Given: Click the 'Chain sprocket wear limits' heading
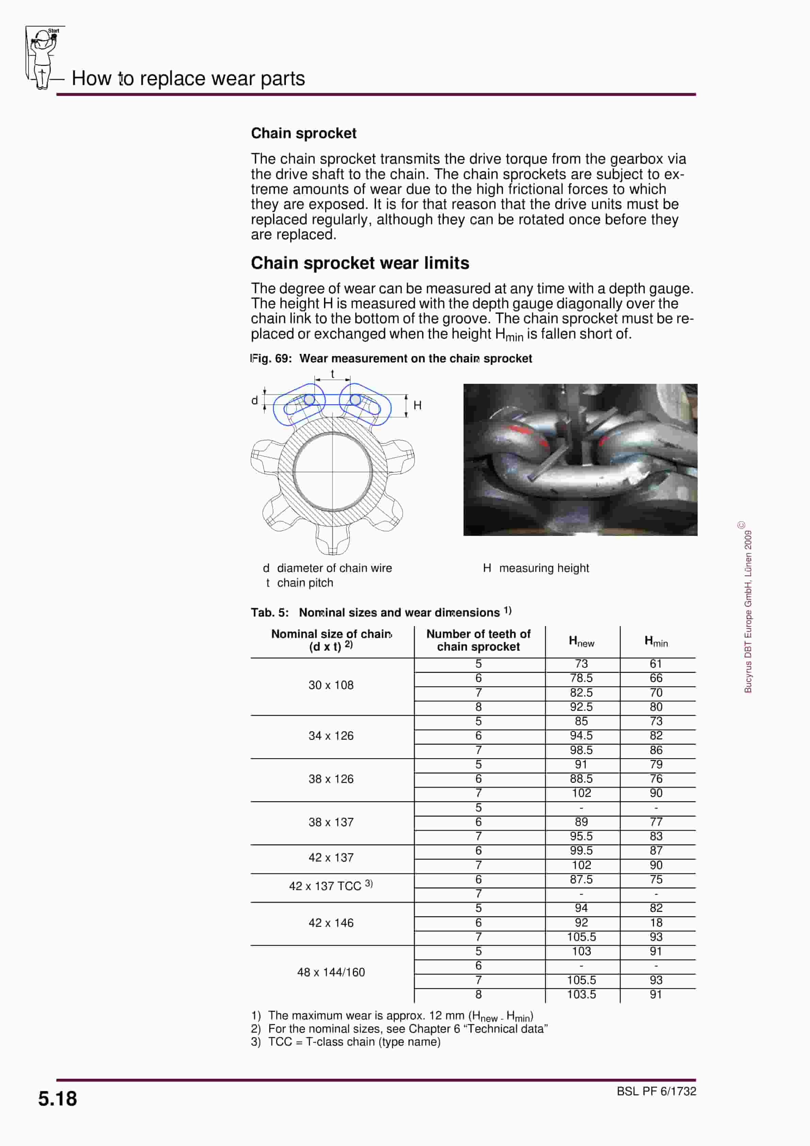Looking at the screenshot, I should tap(359, 263).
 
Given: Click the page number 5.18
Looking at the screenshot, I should tap(58, 1099).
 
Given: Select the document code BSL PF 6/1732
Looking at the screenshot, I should tap(656, 1091).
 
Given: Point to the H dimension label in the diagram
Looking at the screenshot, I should tap(418, 405).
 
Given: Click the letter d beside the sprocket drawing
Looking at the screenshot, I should tap(255, 400).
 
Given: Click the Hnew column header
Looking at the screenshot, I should tap(581, 641).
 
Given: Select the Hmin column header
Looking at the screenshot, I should tap(656, 641).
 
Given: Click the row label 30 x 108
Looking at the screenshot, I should tap(330, 685).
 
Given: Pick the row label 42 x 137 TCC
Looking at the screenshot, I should tap(330, 886).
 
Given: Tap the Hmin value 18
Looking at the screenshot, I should tap(656, 922).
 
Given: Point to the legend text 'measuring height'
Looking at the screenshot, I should tap(544, 568).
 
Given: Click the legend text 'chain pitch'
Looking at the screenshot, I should tap(305, 583).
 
